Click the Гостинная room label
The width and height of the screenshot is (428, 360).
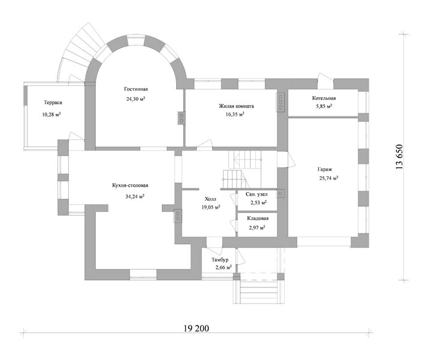(x=136, y=89)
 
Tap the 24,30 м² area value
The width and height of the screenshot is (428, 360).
(x=135, y=98)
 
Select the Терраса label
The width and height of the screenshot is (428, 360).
(x=53, y=103)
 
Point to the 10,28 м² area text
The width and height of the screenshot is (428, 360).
(x=52, y=115)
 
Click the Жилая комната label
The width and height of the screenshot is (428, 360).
(x=236, y=106)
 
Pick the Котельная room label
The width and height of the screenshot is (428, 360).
(x=324, y=98)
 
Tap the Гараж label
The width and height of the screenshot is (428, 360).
(x=325, y=170)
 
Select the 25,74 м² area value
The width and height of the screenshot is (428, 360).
(x=329, y=178)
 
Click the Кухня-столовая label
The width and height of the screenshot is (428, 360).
(x=130, y=185)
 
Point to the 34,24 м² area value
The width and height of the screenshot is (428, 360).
(x=135, y=196)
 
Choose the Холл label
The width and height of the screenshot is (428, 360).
(x=210, y=199)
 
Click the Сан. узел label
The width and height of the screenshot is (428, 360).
(x=257, y=194)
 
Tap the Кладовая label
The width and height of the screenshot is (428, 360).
(x=258, y=218)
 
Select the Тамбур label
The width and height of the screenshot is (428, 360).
(x=220, y=260)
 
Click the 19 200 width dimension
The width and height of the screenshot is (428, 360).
(x=196, y=328)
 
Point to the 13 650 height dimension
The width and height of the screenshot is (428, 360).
(x=399, y=157)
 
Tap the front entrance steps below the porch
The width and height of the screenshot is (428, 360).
(x=258, y=292)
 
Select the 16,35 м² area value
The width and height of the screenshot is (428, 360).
(x=235, y=115)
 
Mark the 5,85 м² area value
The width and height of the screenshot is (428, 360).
(x=324, y=107)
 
